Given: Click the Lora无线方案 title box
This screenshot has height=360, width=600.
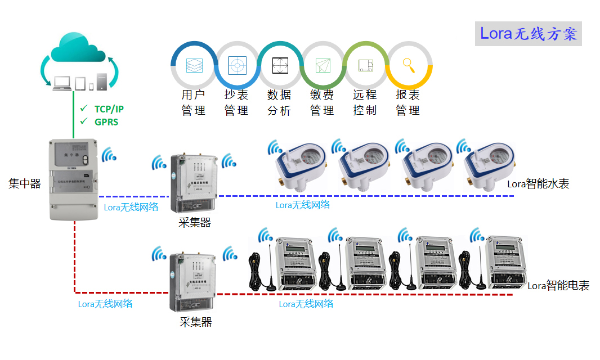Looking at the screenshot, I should [x=528, y=34].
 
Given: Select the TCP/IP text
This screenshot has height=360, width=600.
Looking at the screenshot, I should [x=109, y=109].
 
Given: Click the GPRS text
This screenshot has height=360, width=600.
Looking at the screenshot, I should [x=106, y=121].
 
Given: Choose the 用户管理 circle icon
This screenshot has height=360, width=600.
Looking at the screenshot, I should [x=194, y=65].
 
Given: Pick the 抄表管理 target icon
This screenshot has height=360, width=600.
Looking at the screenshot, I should [x=237, y=65].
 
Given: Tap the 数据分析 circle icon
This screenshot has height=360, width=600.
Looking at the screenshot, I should [x=280, y=65].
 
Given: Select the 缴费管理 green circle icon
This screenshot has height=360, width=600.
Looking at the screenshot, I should [x=323, y=65].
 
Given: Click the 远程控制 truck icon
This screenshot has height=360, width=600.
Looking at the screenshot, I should [x=365, y=65].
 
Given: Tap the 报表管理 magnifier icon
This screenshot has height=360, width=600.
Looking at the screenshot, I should [x=409, y=65].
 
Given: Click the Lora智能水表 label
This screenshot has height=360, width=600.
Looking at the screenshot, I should [x=538, y=183].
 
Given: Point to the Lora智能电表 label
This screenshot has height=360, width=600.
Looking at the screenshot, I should [x=558, y=286].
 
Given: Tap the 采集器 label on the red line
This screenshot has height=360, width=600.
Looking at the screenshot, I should [x=195, y=322].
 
